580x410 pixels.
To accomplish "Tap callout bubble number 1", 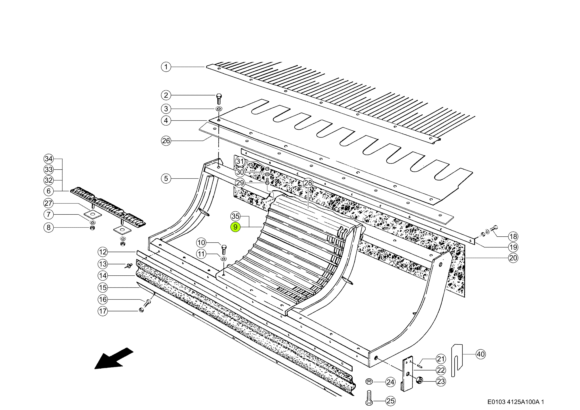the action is click(166, 67).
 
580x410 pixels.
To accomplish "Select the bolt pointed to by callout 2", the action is click(219, 99).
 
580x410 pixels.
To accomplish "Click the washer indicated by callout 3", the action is click(219, 109).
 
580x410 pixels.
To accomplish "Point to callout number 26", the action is click(166, 141).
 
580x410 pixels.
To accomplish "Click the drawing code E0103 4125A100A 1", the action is click(516, 402).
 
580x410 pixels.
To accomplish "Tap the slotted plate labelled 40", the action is click(457, 361).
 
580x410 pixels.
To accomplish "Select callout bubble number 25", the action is click(390, 401).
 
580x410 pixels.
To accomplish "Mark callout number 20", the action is click(513, 258).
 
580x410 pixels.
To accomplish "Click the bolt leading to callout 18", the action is click(494, 228).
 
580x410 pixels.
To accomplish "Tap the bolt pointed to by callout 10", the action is click(224, 250).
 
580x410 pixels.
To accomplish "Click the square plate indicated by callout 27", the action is click(93, 214).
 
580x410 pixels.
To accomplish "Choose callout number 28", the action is click(308, 183).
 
